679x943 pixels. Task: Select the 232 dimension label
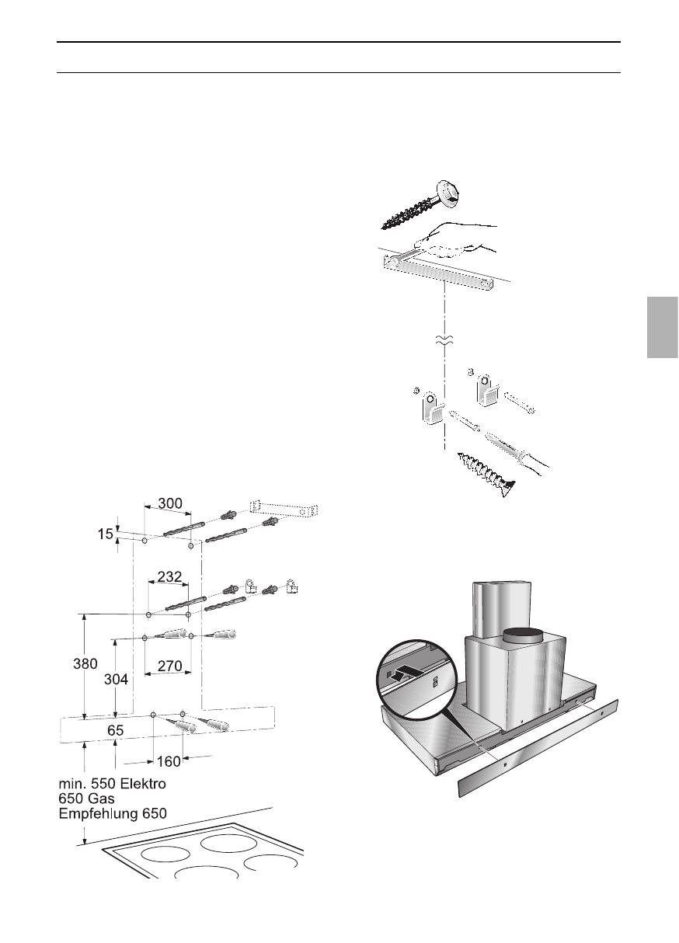(x=169, y=577)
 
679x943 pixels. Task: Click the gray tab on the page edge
(x=662, y=326)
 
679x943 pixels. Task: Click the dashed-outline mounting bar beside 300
(x=284, y=510)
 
